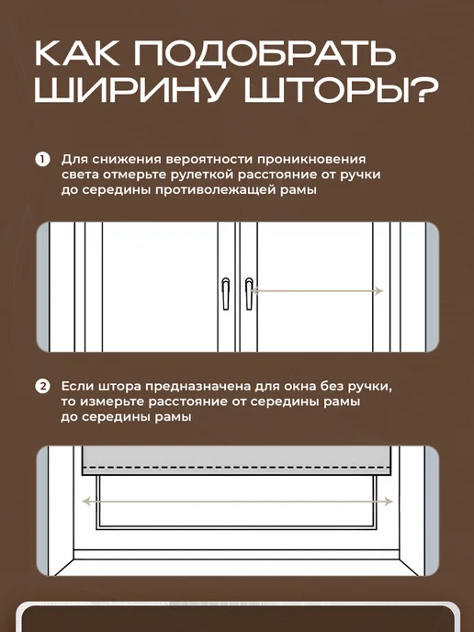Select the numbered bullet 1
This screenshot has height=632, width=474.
42,159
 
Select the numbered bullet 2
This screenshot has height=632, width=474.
42,386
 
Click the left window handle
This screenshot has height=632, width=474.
226,293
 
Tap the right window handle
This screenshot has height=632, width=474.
249,293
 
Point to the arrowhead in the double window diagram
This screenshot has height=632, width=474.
378,290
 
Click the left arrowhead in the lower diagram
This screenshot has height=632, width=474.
86,502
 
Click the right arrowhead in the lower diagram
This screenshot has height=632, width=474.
389,502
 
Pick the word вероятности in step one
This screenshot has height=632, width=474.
209,160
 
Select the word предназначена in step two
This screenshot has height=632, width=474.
197,387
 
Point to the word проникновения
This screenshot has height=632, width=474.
311,160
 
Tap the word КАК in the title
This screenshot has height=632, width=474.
77,53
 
